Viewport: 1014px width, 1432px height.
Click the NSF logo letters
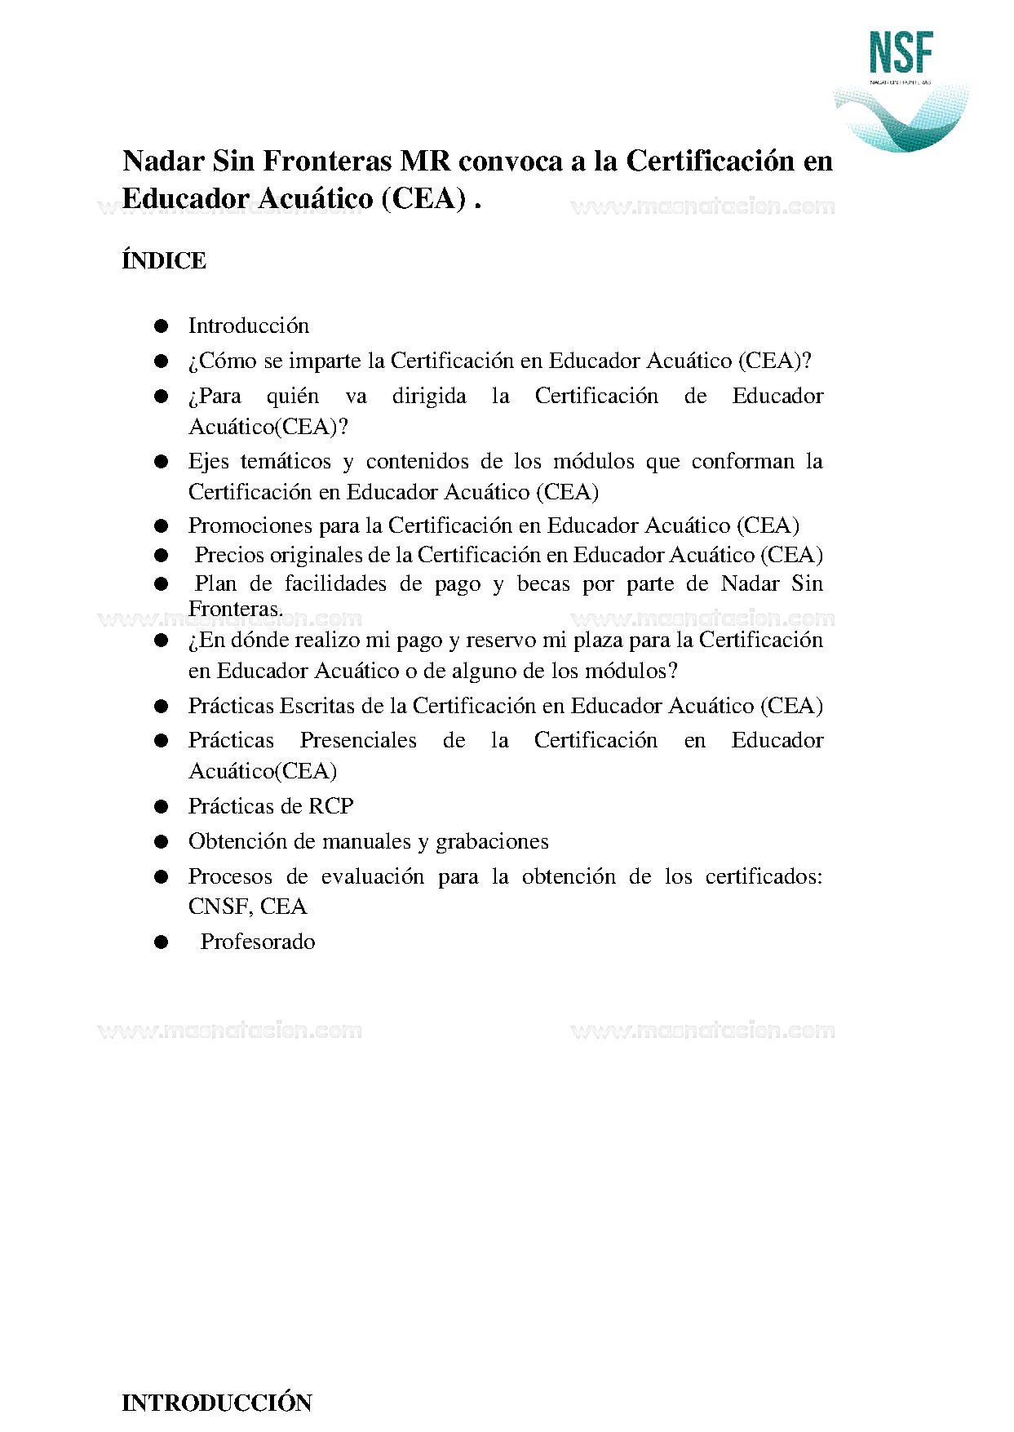point(901,53)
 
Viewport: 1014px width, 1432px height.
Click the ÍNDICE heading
point(164,261)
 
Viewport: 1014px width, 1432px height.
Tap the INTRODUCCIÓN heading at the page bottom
point(217,1403)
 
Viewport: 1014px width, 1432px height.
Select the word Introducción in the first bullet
point(249,326)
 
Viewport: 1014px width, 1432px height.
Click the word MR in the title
point(425,162)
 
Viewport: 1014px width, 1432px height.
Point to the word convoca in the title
point(511,162)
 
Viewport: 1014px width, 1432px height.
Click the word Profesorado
point(258,942)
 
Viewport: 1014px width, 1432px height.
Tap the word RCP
point(331,806)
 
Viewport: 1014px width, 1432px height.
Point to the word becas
point(543,584)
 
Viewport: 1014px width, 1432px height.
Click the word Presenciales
point(358,740)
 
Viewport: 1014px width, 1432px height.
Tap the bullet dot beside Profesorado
point(162,942)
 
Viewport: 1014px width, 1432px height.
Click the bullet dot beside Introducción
point(162,326)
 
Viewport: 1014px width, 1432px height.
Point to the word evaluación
point(372,876)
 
